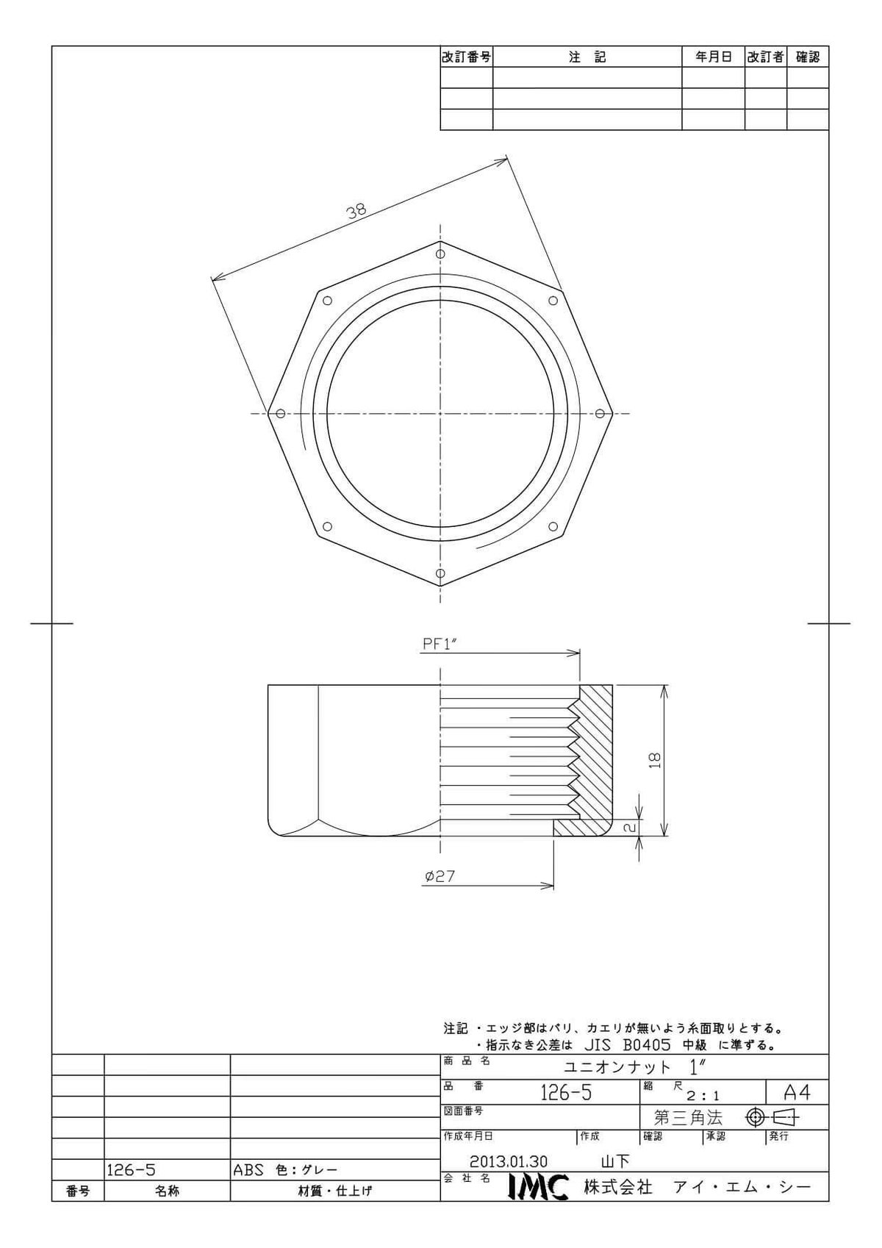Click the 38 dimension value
(356, 212)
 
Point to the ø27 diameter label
(440, 876)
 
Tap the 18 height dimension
(655, 761)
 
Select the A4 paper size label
(797, 1093)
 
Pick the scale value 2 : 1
(703, 1096)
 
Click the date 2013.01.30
(508, 1162)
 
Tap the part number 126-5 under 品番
(566, 1093)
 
